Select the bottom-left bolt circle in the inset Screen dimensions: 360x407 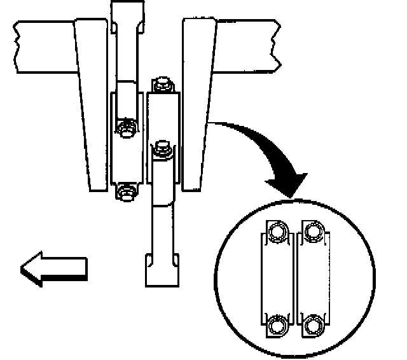coord(278,326)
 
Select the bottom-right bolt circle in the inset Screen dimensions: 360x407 coord(312,326)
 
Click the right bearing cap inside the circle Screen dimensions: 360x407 coord(313,280)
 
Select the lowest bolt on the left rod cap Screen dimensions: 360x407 coord(125,191)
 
